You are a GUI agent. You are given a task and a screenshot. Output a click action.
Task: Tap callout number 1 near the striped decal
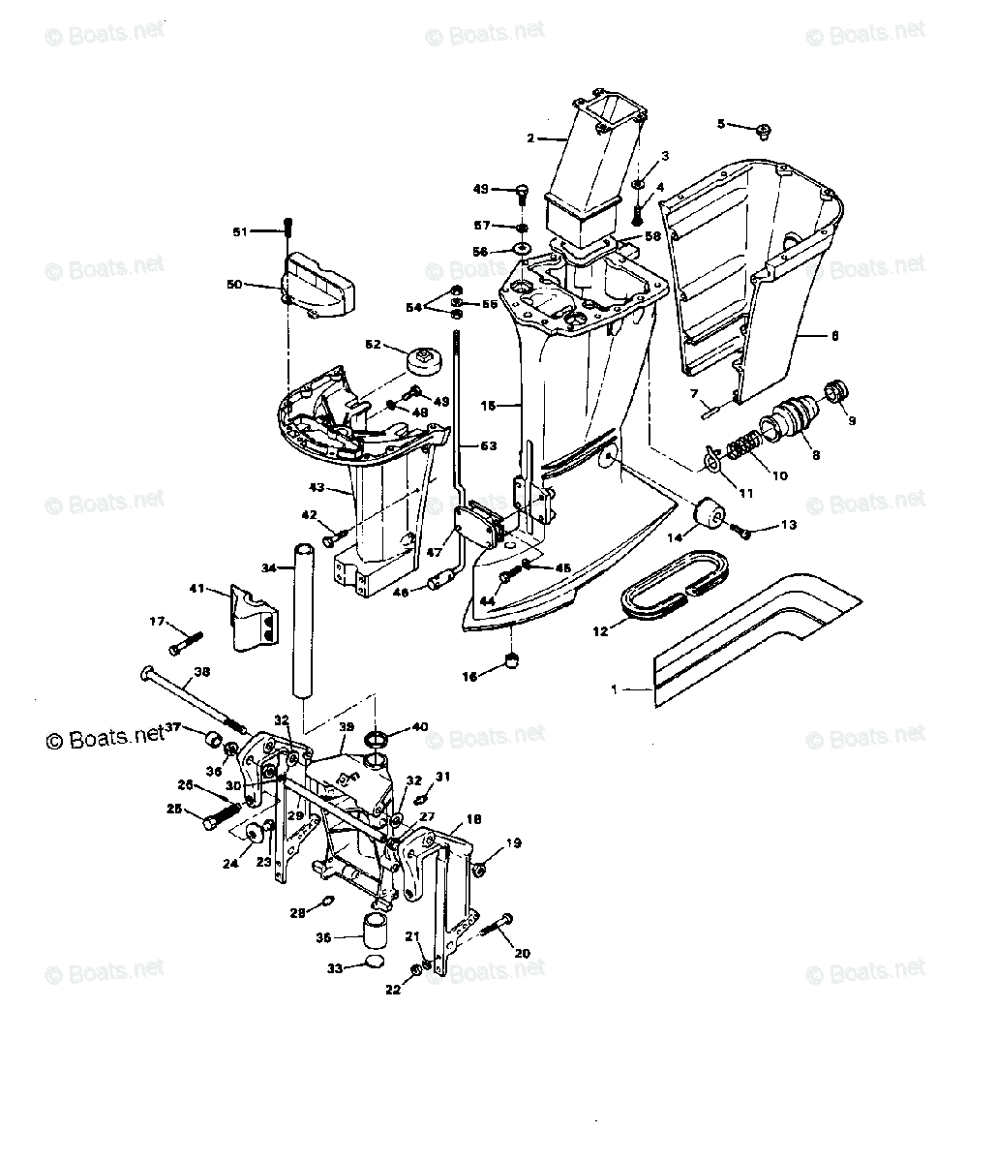tap(613, 689)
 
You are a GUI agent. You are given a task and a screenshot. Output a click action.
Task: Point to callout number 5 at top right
tap(720, 123)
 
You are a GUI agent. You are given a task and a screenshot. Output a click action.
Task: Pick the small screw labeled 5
tap(763, 130)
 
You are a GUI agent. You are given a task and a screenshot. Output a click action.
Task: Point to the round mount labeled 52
tap(423, 362)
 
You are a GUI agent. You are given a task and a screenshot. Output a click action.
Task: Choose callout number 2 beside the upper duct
tap(530, 138)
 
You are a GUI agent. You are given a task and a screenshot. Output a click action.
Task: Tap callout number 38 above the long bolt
tap(201, 671)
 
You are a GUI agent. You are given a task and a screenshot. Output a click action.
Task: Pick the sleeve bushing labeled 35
tap(376, 931)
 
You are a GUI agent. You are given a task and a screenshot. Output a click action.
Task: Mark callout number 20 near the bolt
tap(522, 953)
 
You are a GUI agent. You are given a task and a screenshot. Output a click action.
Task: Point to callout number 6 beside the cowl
tap(833, 336)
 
